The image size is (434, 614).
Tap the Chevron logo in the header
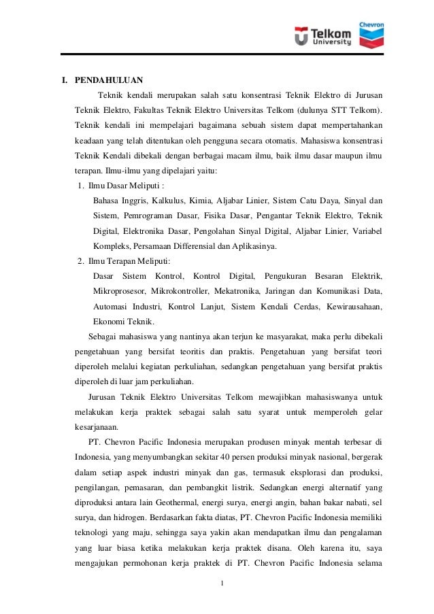(x=372, y=31)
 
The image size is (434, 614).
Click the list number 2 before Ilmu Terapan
(x=80, y=260)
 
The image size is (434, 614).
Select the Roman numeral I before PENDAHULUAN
(x=65, y=80)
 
